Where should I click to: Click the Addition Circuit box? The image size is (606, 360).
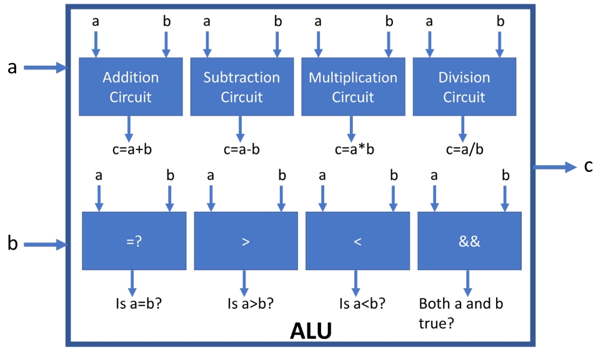[131, 87]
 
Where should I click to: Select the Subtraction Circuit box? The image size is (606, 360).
[242, 87]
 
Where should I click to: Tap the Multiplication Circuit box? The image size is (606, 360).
[353, 87]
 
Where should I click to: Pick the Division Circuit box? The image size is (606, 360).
[464, 87]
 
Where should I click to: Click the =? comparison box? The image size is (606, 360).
[134, 241]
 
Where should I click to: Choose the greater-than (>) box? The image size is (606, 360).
[246, 241]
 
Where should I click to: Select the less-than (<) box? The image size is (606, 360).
[357, 241]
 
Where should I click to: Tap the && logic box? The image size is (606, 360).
[469, 241]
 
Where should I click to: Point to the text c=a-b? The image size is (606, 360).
[241, 149]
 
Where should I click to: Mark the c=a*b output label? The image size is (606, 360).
[353, 149]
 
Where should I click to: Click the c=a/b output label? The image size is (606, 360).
[465, 149]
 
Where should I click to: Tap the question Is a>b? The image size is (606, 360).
[251, 305]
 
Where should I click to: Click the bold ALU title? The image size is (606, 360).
[310, 331]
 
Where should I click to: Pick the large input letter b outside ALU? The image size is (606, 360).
[12, 243]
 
